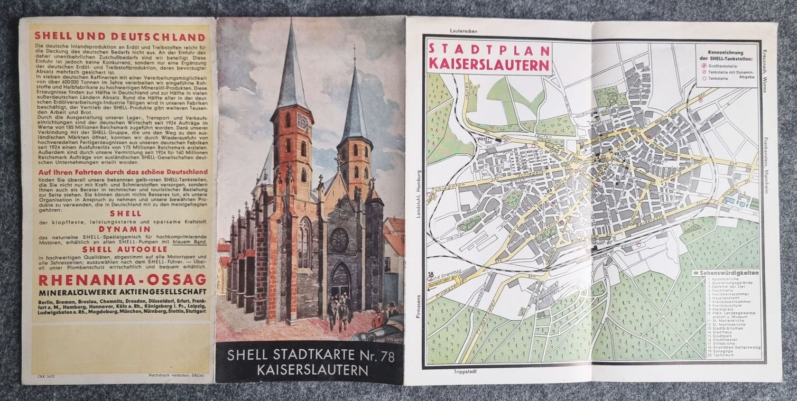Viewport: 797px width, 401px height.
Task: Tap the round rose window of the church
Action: pos(339,240)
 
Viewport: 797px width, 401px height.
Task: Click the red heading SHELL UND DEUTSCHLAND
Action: pos(120,37)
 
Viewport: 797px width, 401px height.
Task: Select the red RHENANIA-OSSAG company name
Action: pos(120,279)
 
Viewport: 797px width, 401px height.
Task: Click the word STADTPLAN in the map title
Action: pos(488,50)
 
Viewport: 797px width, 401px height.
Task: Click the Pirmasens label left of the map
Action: pos(418,306)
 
